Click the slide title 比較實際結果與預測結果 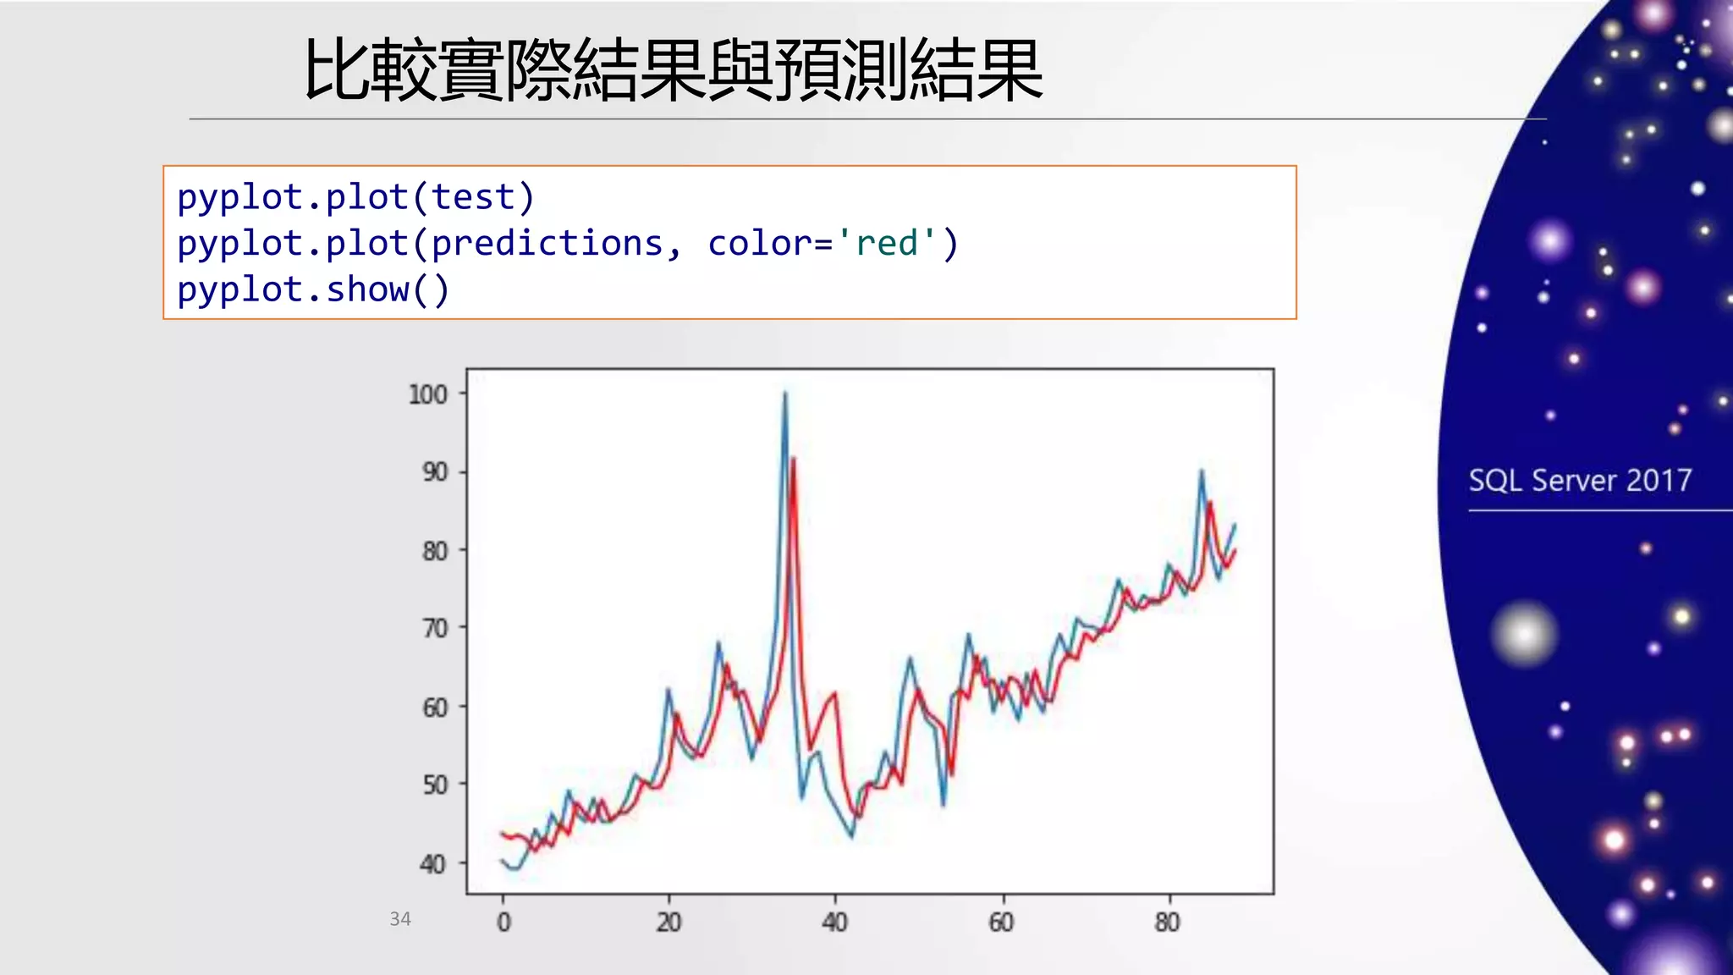coord(673,70)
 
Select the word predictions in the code coord(547,244)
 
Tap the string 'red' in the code coord(886,244)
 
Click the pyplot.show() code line coord(313,290)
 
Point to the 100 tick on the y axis coord(427,394)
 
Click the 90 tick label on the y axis coord(435,472)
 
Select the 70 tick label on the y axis coord(435,629)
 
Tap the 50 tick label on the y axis coord(435,785)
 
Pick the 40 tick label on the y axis coord(433,864)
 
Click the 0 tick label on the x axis coord(503,923)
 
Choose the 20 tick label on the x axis coord(668,923)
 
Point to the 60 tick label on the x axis coord(1001,923)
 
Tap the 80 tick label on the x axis coord(1167,923)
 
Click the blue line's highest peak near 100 coord(784,394)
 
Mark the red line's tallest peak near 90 coord(793,460)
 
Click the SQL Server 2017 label coord(1580,481)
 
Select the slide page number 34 coord(400,919)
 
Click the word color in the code coord(759,244)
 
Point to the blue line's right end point coord(1235,526)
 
